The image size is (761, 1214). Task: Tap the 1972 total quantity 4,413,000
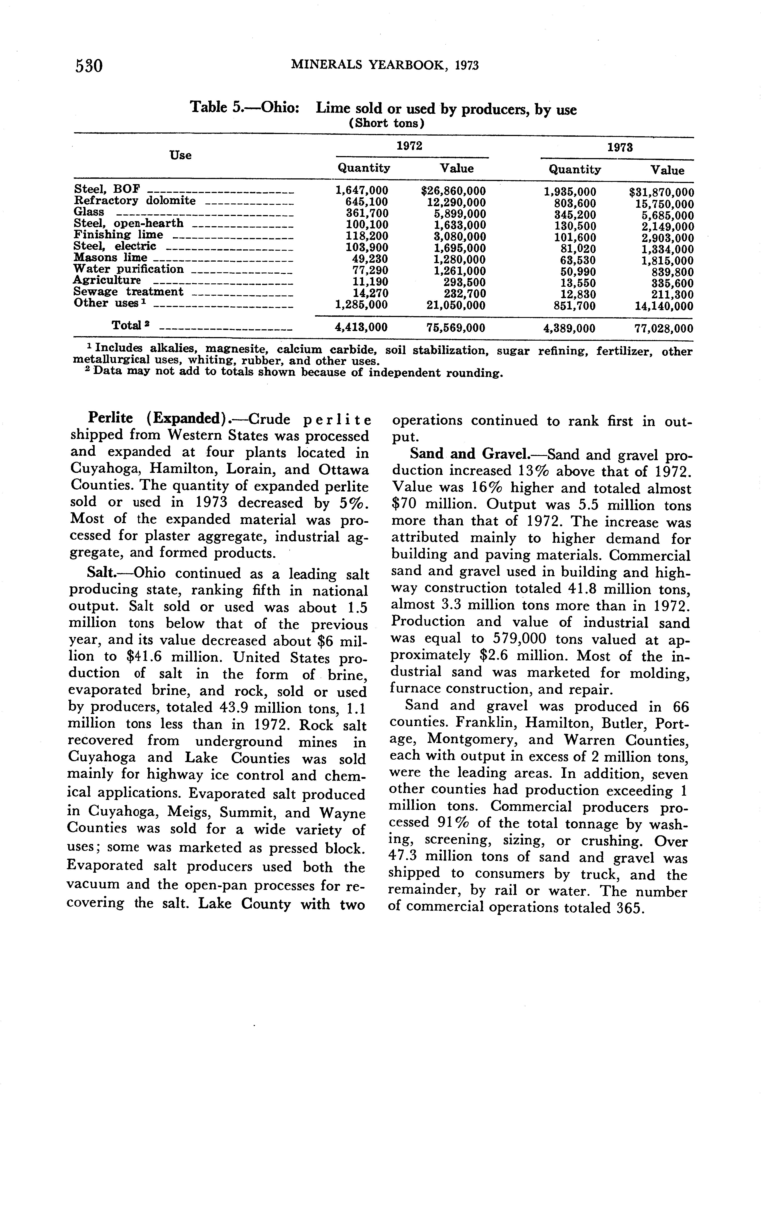[x=361, y=328]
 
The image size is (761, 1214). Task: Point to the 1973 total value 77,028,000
[x=663, y=329]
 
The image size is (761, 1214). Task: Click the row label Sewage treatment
[x=128, y=292]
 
